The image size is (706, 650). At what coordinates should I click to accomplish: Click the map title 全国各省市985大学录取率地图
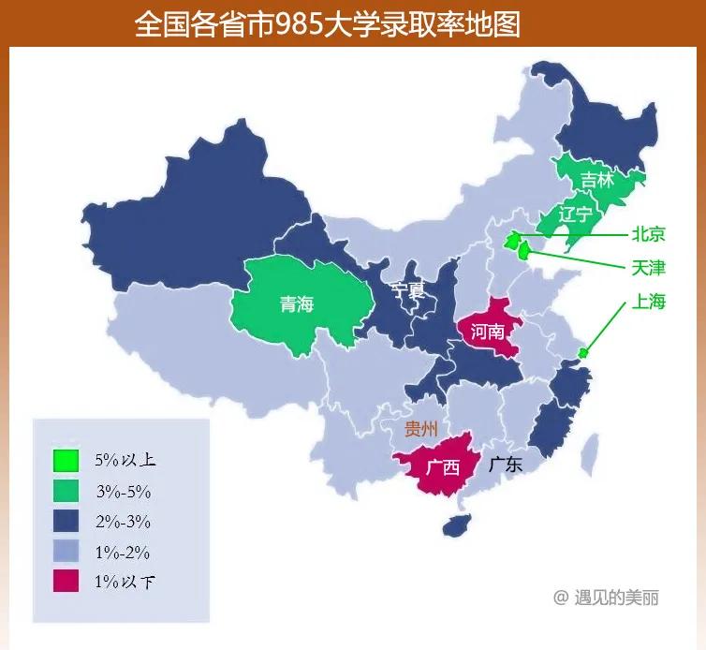click(x=327, y=23)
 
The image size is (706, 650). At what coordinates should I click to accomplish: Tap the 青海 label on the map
click(x=297, y=303)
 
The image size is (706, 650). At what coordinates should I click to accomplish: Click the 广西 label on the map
click(x=443, y=466)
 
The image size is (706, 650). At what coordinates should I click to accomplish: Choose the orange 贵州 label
click(x=420, y=430)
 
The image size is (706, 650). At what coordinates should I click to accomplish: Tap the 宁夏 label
click(x=408, y=290)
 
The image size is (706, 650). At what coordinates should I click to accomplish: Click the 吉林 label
click(x=596, y=180)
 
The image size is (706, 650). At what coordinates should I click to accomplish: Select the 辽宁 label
click(x=575, y=214)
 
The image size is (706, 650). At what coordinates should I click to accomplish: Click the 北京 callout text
click(x=648, y=235)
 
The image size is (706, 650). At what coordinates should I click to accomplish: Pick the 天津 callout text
click(x=648, y=268)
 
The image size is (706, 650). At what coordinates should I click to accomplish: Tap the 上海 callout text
click(x=648, y=302)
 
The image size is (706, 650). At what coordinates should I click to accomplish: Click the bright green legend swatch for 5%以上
click(x=66, y=461)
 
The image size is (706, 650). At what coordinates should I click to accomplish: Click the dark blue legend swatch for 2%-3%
click(x=66, y=521)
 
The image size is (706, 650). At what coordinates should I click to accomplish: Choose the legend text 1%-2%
click(x=123, y=552)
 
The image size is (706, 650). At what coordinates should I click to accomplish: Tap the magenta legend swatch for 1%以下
click(x=66, y=581)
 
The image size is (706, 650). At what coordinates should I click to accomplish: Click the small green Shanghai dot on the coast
click(x=583, y=353)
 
